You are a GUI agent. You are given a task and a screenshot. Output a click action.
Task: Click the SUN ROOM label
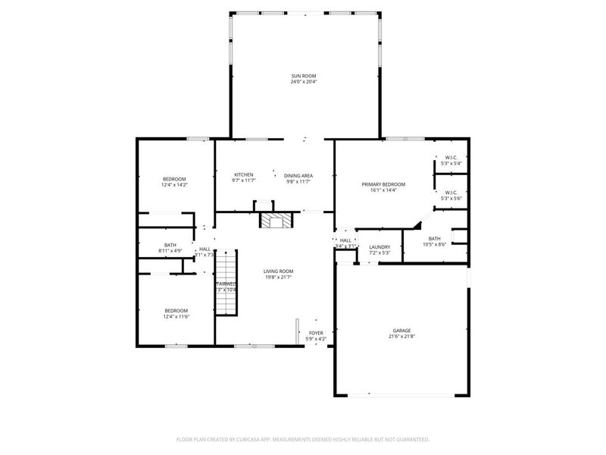pos(304,76)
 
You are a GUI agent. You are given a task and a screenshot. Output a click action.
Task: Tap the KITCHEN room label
pos(244,174)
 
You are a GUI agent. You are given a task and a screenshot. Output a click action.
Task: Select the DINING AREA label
pos(298,175)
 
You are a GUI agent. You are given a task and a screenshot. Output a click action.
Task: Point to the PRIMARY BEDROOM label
pos(383,184)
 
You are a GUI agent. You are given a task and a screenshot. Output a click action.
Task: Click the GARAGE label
pos(401,331)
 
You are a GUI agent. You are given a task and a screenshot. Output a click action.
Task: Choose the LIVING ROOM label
pos(278,271)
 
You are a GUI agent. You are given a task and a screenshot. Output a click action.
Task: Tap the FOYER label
pos(316,332)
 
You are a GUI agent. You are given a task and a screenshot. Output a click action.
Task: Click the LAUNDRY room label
pos(380,246)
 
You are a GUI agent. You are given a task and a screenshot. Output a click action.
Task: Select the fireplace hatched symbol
pos(276,220)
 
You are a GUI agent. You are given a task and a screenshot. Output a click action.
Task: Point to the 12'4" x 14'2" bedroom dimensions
pos(173,184)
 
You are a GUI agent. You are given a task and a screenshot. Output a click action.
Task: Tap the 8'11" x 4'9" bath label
pos(170,245)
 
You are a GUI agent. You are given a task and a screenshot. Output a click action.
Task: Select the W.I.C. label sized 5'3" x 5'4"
pos(451,163)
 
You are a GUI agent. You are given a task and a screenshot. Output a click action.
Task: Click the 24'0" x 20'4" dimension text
pos(304,82)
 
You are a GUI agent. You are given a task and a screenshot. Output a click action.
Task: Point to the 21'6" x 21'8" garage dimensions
pos(401,336)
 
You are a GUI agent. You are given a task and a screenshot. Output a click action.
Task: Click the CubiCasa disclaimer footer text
pos(303,438)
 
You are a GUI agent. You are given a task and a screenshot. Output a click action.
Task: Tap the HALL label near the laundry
pos(345,240)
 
